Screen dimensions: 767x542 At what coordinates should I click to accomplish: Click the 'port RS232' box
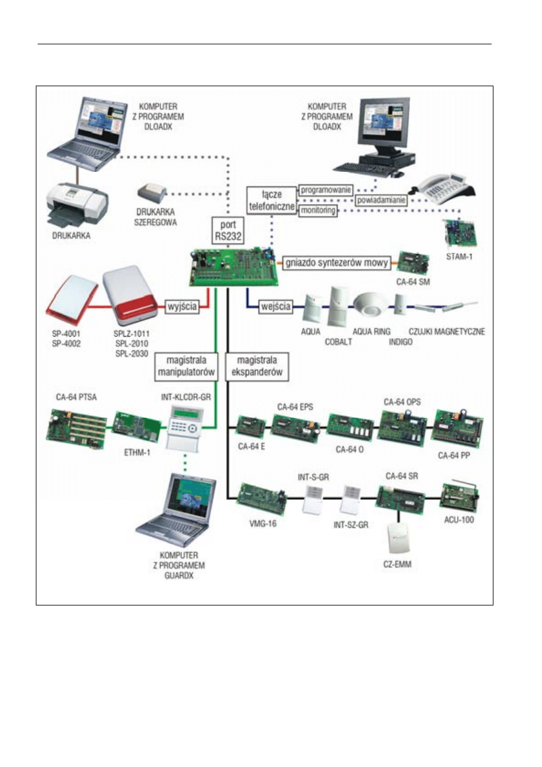(228, 230)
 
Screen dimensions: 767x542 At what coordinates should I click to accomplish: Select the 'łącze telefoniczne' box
(271, 200)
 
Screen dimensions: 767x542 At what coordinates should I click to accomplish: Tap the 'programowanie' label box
(325, 189)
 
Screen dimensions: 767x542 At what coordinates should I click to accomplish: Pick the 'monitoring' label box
(317, 210)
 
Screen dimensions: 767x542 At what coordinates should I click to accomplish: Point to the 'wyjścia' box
(183, 306)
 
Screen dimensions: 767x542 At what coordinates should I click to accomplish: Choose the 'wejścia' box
(276, 306)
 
